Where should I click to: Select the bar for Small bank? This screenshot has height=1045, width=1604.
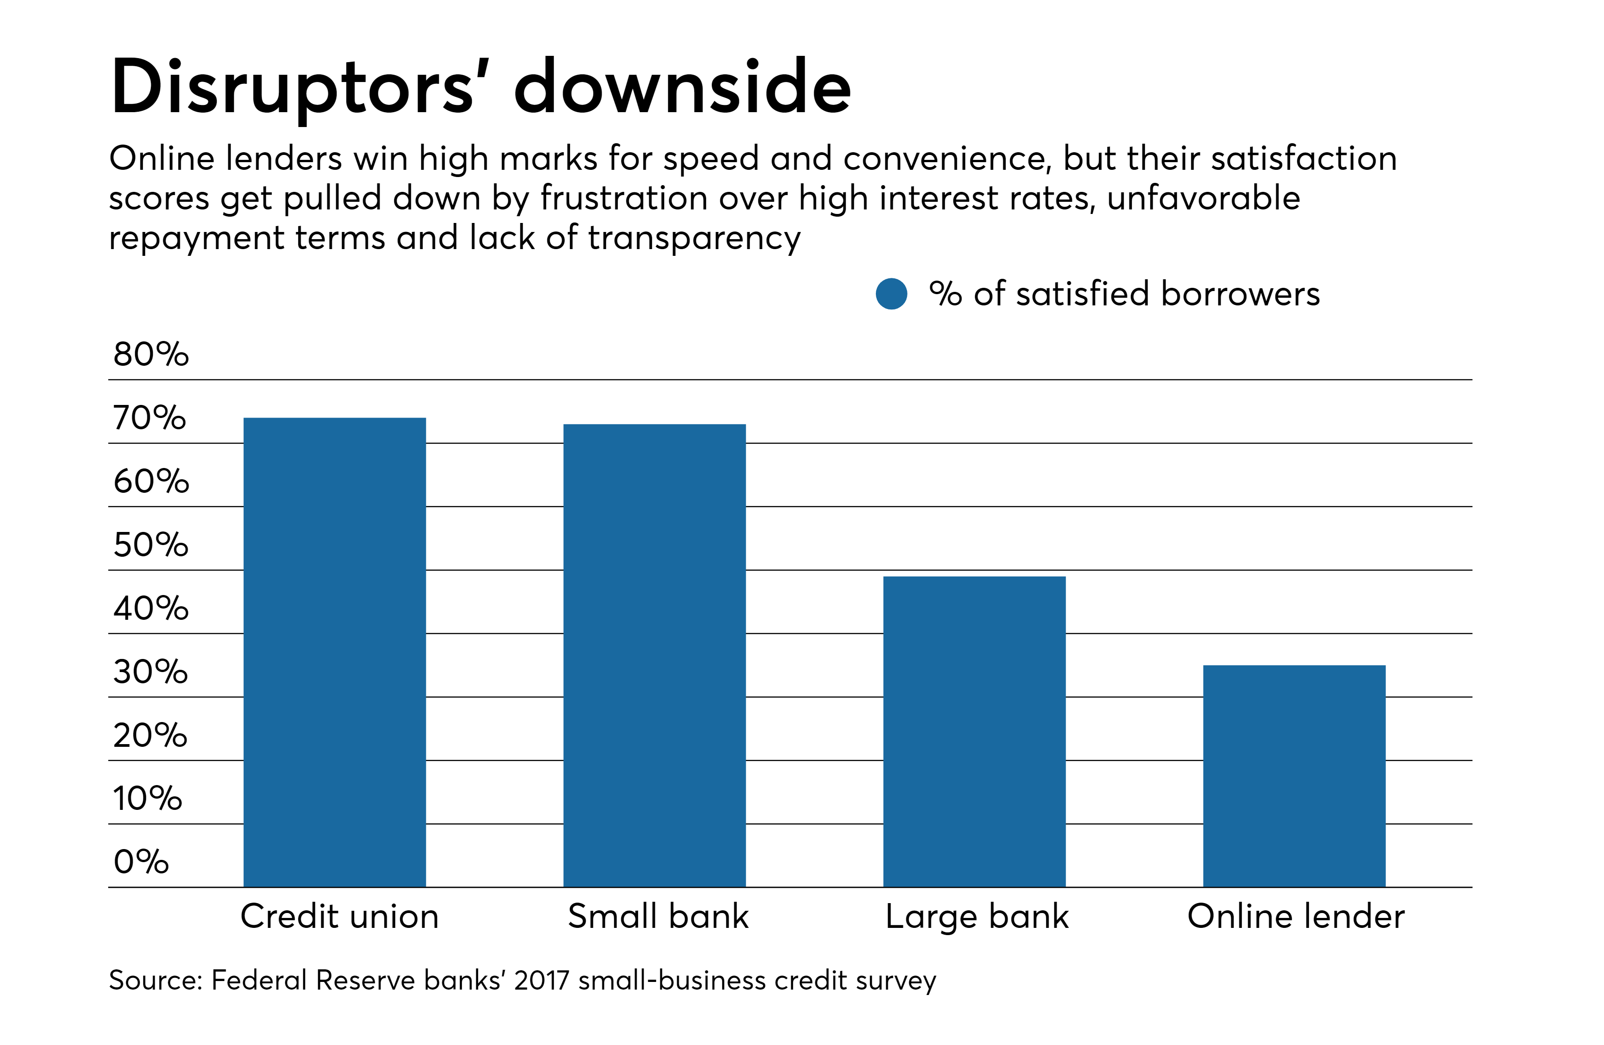(x=654, y=655)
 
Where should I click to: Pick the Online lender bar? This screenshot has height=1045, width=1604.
(x=1294, y=776)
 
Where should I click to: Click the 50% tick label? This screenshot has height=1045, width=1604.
(x=150, y=545)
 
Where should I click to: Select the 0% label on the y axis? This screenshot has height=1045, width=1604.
(x=141, y=862)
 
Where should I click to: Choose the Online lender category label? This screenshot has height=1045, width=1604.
(x=1295, y=916)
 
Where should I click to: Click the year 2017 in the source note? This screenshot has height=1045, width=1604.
(x=541, y=980)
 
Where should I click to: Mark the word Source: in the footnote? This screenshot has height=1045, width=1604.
(x=156, y=980)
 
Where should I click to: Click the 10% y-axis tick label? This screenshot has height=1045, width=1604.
(x=147, y=799)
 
